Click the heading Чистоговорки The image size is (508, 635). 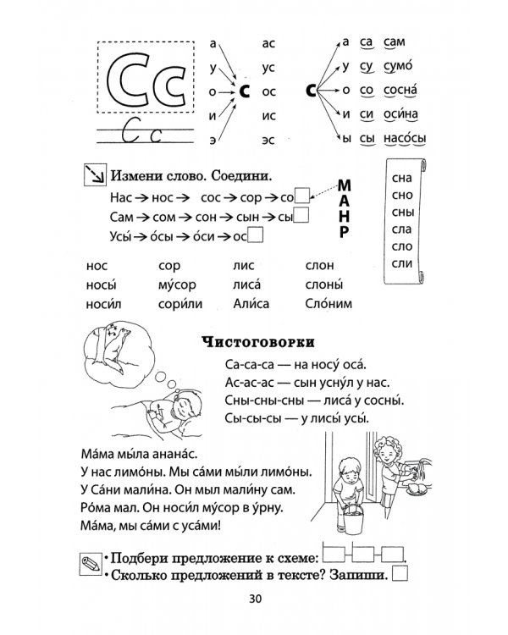[x=260, y=342]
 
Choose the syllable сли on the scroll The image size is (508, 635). [x=403, y=265]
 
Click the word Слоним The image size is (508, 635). [x=330, y=303]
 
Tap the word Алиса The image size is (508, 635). [x=251, y=303]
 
